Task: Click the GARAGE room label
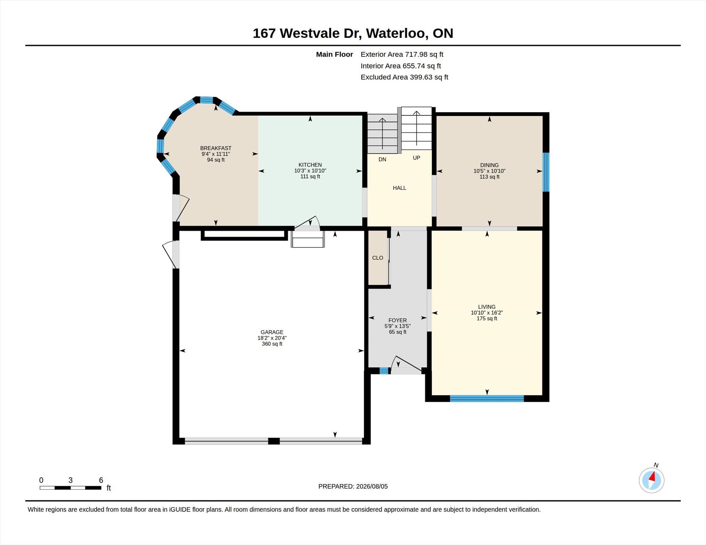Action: click(272, 332)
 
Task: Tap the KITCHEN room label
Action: click(310, 165)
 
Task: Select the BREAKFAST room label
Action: click(216, 148)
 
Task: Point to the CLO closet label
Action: click(378, 258)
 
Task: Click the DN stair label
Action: click(382, 159)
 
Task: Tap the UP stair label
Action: click(416, 158)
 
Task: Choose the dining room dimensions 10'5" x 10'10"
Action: click(490, 171)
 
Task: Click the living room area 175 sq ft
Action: click(487, 318)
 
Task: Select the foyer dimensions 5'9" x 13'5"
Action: click(397, 326)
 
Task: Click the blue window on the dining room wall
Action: click(546, 172)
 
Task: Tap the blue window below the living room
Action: click(487, 398)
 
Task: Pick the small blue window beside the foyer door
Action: click(384, 371)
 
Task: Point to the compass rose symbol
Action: click(652, 480)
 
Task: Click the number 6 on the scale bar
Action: click(101, 480)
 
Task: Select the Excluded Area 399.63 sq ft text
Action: click(404, 77)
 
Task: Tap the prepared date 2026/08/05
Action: click(372, 486)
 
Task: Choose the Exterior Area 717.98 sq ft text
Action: click(402, 54)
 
